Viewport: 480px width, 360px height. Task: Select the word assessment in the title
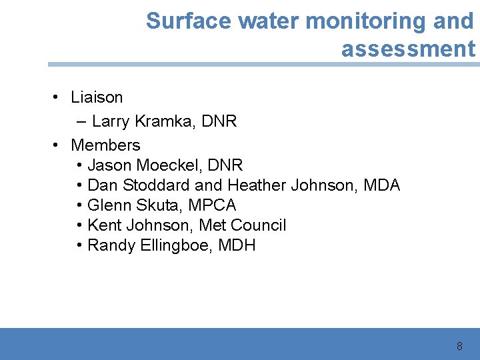click(x=408, y=49)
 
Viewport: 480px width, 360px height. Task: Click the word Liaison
click(x=97, y=97)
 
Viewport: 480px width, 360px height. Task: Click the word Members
click(x=105, y=145)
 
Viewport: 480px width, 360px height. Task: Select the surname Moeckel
click(x=169, y=165)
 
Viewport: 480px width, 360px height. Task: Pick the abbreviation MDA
click(x=382, y=185)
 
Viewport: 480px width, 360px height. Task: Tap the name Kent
click(x=104, y=225)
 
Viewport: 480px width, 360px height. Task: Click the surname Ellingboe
click(x=176, y=245)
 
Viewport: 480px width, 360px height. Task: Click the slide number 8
click(x=459, y=346)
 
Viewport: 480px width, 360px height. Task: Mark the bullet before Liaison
click(x=58, y=97)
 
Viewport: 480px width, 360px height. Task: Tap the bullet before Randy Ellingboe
click(x=79, y=245)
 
